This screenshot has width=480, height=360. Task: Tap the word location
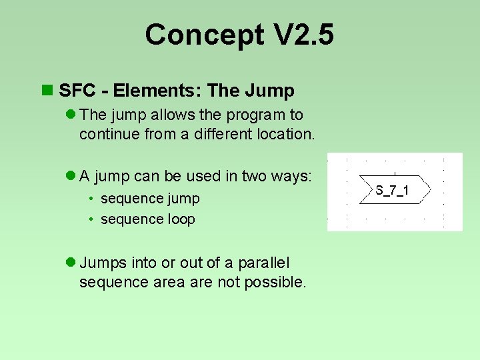pyautogui.click(x=285, y=133)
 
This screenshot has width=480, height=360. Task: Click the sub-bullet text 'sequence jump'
pyautogui.click(x=150, y=199)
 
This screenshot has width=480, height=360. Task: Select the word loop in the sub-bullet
pyautogui.click(x=181, y=219)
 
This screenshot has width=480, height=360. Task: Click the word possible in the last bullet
pyautogui.click(x=274, y=282)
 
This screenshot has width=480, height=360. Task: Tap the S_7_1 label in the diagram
pyautogui.click(x=393, y=191)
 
